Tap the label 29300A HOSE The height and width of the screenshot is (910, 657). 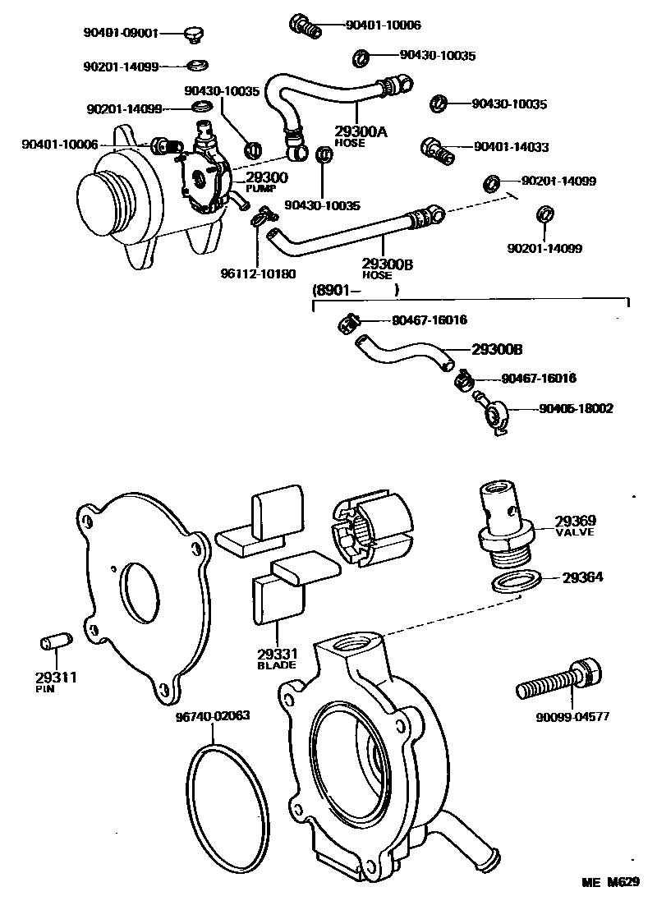tap(360, 134)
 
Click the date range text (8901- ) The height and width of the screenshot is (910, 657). tap(355, 289)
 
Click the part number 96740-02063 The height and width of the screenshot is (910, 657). tap(213, 715)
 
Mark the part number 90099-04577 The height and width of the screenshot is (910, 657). tap(572, 716)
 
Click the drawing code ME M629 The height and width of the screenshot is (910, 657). tap(610, 882)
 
